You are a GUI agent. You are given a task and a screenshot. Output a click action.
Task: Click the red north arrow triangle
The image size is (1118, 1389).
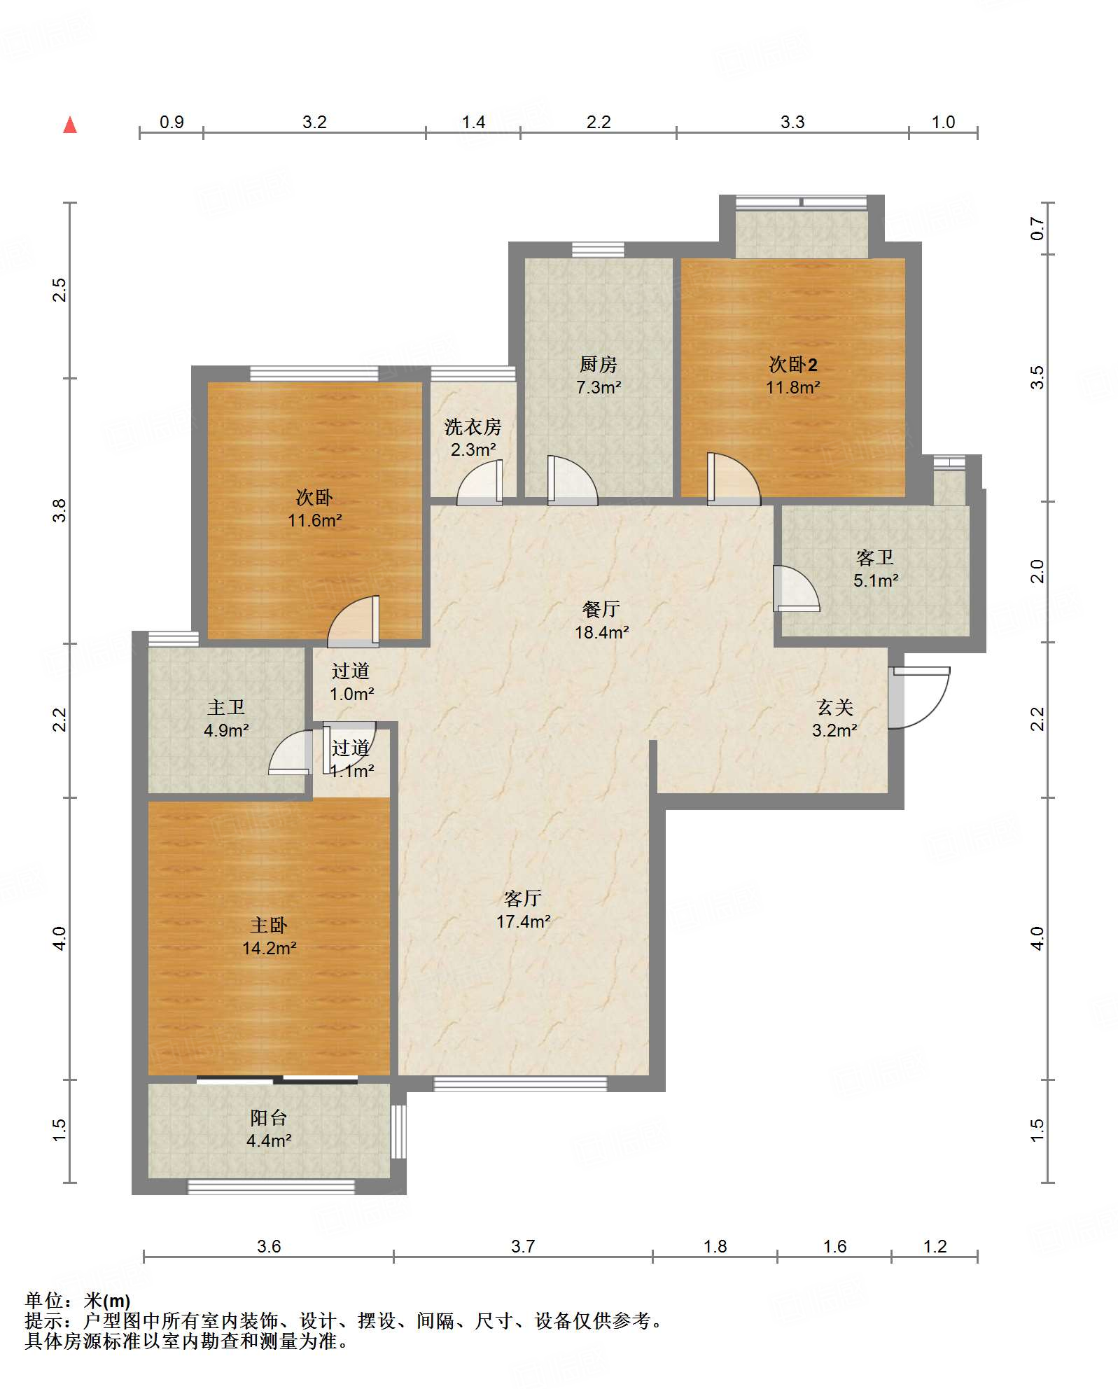pos(70,125)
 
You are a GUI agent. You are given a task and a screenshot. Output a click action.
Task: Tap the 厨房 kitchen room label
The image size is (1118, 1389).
pos(599,364)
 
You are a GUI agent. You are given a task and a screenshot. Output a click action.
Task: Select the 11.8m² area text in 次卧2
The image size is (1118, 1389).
pos(792,387)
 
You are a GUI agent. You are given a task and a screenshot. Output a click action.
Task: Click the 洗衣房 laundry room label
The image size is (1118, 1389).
pos(473,426)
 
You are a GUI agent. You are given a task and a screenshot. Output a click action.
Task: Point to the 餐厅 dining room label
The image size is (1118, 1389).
pos(601,609)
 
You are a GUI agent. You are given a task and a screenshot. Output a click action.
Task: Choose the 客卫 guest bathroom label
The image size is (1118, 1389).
pos(875,557)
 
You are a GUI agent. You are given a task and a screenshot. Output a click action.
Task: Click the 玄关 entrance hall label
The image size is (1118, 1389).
pos(835,708)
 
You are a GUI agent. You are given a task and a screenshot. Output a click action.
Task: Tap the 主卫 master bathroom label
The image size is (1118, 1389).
pos(226,708)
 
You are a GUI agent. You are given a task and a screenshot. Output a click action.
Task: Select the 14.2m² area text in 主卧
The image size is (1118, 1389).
pos(270,949)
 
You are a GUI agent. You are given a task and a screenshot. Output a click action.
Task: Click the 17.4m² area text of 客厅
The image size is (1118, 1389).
pos(524,922)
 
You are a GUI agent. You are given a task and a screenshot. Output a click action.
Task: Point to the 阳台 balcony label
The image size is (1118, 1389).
pos(269,1118)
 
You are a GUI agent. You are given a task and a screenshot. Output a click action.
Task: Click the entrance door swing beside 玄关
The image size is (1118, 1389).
pos(918,697)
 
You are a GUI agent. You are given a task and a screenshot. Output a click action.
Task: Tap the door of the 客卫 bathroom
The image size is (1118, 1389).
pos(795,588)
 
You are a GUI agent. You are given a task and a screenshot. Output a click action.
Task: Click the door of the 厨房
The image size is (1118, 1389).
pos(572,480)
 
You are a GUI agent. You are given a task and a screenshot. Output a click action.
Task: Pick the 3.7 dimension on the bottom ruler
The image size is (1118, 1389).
pos(523,1246)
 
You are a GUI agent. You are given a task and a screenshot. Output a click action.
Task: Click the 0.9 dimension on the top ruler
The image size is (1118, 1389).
pos(172,122)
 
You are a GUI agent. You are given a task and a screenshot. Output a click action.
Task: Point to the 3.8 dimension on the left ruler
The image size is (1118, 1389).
pos(60,510)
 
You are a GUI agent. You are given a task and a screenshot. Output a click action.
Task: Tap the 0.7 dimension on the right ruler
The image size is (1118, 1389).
pos(1037,229)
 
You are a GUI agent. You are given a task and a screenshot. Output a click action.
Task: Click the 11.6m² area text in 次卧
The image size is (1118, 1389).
pos(315,520)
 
